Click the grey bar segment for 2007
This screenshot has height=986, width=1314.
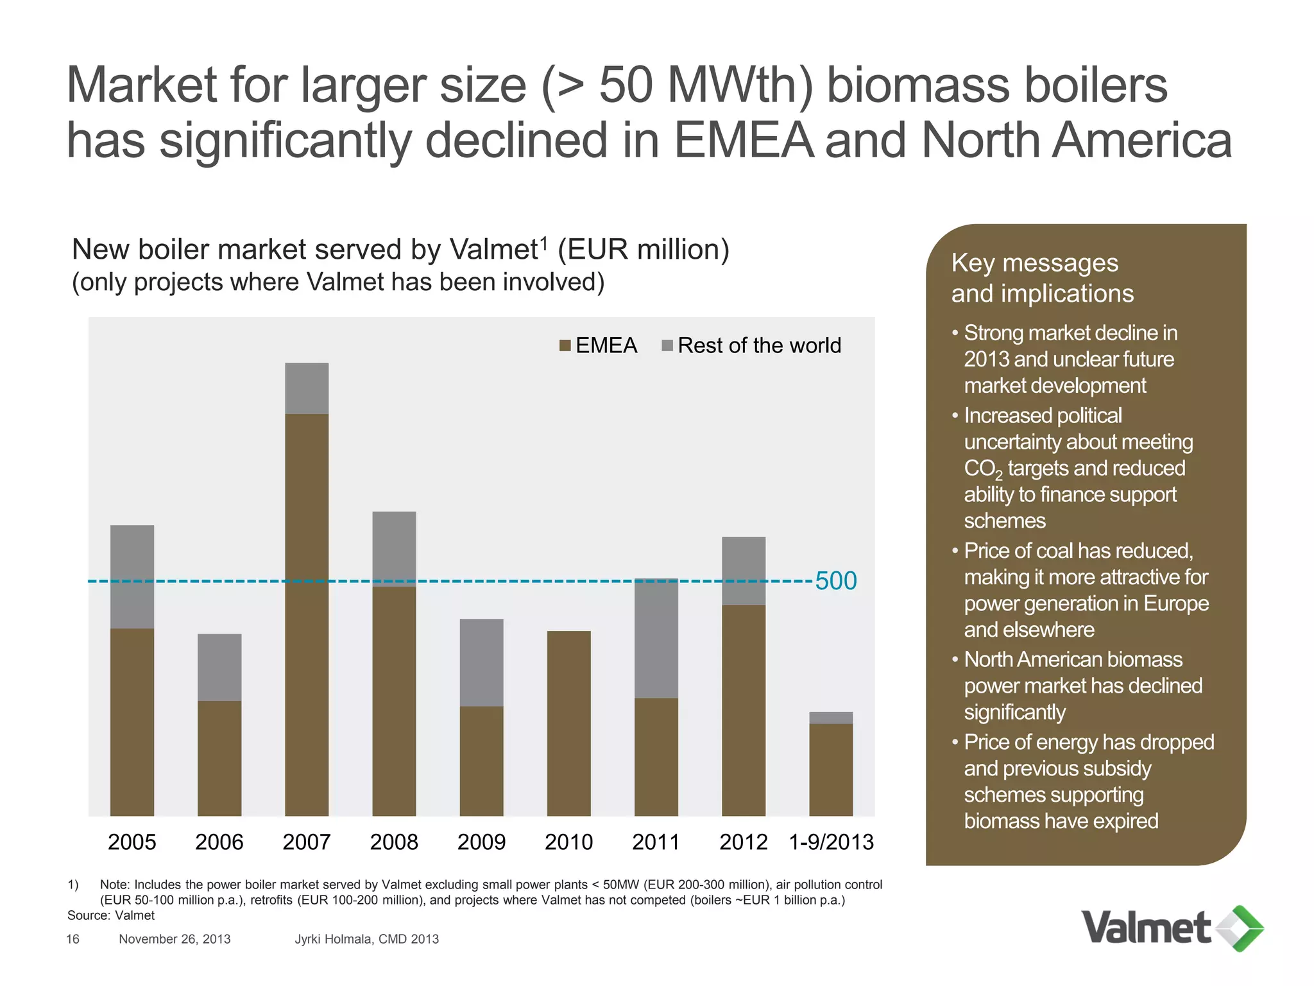pyautogui.click(x=307, y=388)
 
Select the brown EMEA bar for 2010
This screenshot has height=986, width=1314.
pyautogui.click(x=568, y=723)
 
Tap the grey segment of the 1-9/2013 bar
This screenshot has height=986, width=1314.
pyautogui.click(x=831, y=718)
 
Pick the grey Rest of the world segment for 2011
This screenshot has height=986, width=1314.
pyautogui.click(x=656, y=638)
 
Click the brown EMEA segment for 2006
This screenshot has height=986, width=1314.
pyautogui.click(x=219, y=758)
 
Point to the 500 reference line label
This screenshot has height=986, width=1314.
pyautogui.click(x=835, y=581)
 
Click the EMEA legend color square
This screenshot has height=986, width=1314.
pyautogui.click(x=565, y=346)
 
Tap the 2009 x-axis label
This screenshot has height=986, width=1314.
pyautogui.click(x=481, y=842)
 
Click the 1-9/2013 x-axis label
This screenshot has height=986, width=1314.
pyautogui.click(x=831, y=842)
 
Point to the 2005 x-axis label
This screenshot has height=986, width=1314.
pyautogui.click(x=132, y=842)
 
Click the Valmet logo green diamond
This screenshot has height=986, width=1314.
pyautogui.click(x=1241, y=928)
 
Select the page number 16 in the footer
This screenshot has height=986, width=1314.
pyautogui.click(x=73, y=939)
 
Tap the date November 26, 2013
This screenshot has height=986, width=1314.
pyautogui.click(x=175, y=939)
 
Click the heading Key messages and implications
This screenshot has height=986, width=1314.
pyautogui.click(x=1042, y=278)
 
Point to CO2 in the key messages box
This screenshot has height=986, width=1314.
pyautogui.click(x=982, y=469)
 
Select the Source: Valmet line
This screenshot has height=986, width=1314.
pyautogui.click(x=111, y=915)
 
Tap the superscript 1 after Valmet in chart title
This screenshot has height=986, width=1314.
pyautogui.click(x=543, y=242)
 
